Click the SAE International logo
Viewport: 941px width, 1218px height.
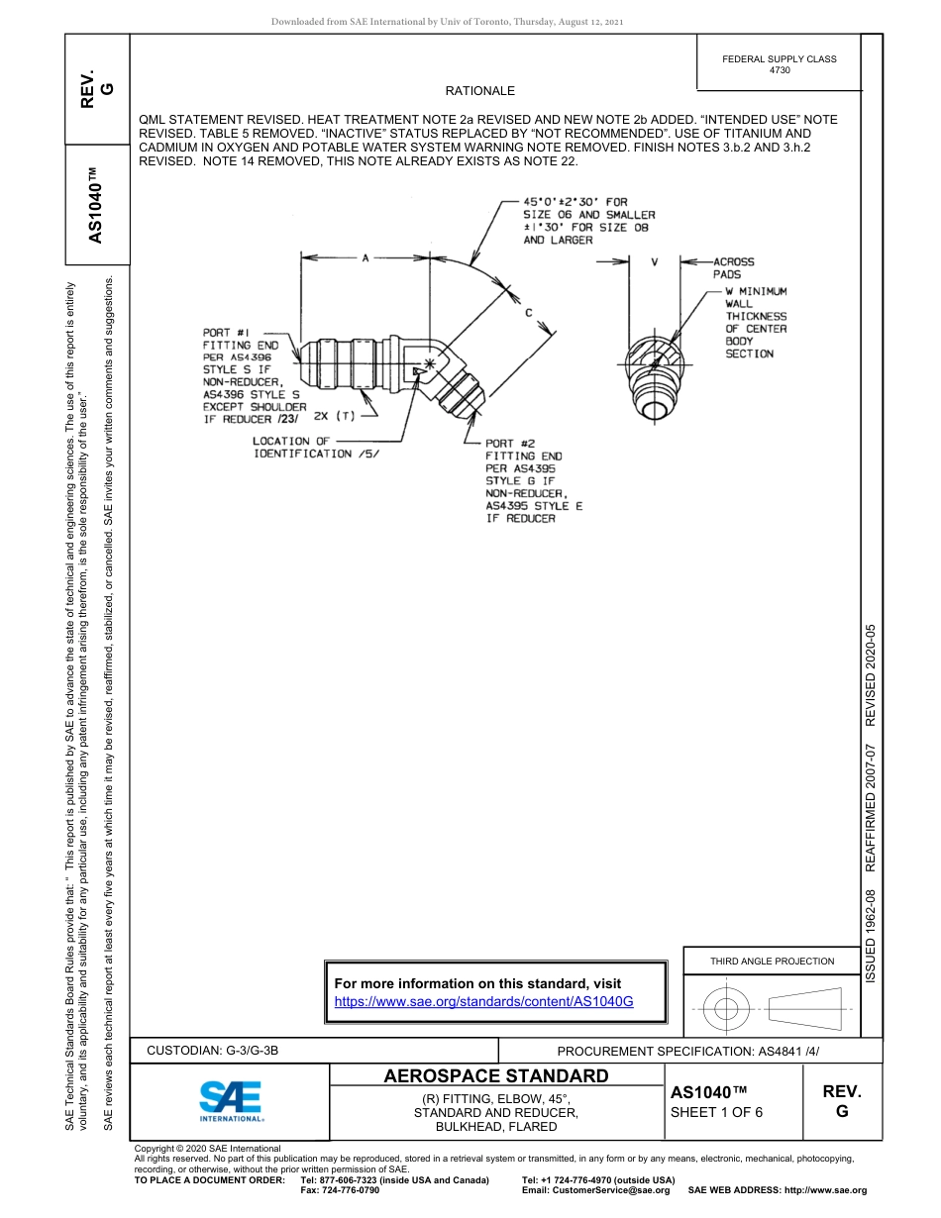230,1100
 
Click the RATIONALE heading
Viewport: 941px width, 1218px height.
480,91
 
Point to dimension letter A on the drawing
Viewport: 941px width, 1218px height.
365,258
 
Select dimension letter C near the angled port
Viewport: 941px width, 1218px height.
529,313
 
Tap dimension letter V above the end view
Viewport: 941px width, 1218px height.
655,262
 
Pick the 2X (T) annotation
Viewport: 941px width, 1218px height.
334,416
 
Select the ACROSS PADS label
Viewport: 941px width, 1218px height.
733,268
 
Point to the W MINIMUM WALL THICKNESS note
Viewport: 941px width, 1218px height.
756,323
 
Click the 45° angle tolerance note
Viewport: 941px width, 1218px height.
588,221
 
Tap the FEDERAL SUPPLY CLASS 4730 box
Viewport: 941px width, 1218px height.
779,64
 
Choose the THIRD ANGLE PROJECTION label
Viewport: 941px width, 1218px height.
772,961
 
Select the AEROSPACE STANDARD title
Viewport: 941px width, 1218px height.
496,1076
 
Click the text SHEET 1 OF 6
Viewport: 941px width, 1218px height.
717,1112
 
